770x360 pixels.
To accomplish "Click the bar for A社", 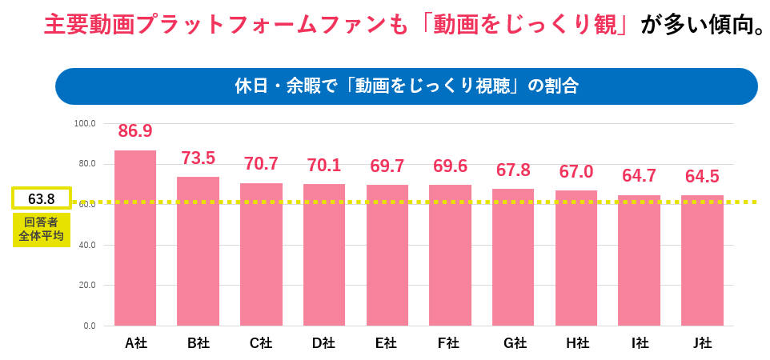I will [135, 238].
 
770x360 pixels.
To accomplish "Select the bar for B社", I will [198, 251].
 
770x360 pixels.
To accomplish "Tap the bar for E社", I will [387, 255].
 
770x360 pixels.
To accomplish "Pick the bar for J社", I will [702, 260].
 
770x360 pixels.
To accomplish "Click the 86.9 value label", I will [135, 130].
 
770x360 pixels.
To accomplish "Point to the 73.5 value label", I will [199, 158].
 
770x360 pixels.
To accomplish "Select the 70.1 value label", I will [324, 165].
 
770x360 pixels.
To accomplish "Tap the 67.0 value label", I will [576, 171].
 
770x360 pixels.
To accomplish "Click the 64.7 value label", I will [639, 176].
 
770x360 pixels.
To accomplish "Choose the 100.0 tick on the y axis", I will [85, 124].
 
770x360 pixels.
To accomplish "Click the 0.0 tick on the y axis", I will [88, 326].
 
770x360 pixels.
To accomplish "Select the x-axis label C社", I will [261, 344].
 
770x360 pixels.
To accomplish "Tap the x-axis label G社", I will [514, 344].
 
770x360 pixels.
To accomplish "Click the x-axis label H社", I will [576, 344].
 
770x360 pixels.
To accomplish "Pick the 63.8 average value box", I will [42, 198].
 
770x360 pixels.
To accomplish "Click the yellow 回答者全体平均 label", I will [42, 229].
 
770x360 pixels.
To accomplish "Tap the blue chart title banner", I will [406, 86].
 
